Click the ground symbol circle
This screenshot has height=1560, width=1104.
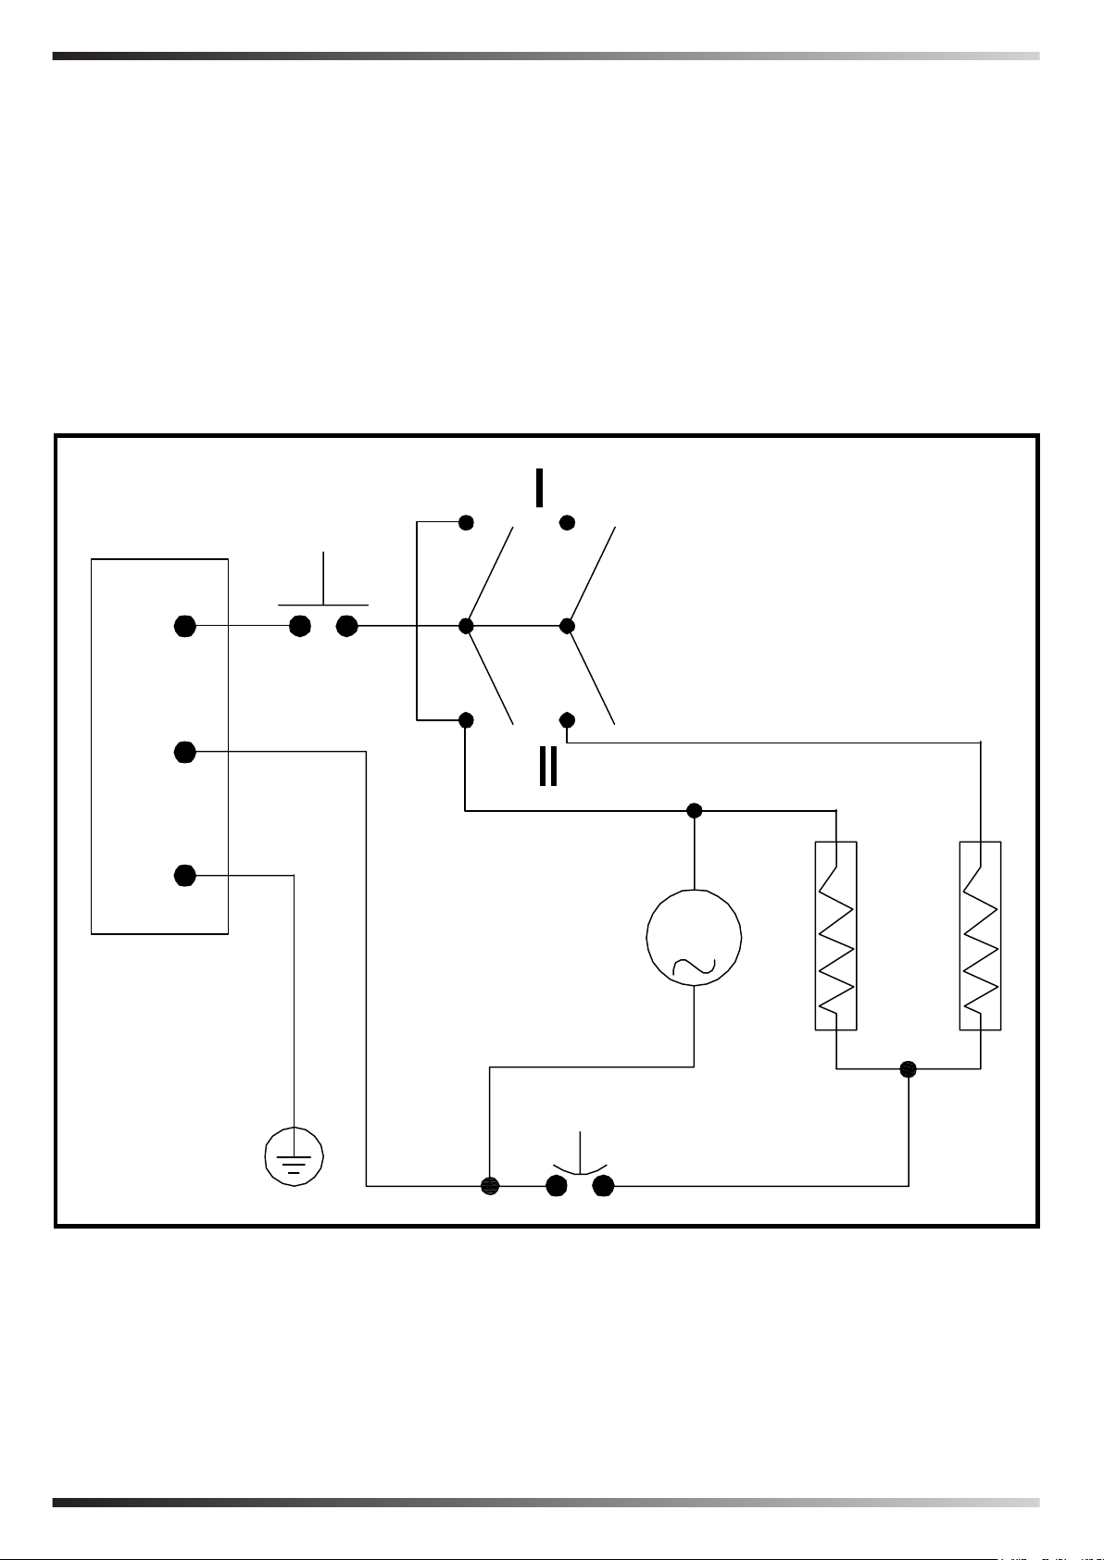coord(294,1156)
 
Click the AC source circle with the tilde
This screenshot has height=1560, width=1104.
coord(694,937)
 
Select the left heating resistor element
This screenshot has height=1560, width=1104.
coord(835,935)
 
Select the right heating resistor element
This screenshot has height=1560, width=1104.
coord(980,935)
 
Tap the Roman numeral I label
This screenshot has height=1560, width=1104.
coord(539,488)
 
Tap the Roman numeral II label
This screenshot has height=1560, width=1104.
coord(548,767)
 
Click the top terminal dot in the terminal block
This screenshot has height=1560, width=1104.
coord(185,626)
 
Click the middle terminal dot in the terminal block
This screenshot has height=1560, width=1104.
coord(185,752)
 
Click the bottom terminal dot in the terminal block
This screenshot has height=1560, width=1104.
coord(185,875)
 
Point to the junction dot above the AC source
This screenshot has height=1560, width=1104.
coord(695,811)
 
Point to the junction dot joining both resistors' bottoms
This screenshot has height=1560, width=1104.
coord(909,1068)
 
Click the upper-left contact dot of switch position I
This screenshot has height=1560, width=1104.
coord(467,523)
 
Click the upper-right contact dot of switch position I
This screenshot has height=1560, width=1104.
coord(568,523)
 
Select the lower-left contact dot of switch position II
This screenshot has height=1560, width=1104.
coord(467,719)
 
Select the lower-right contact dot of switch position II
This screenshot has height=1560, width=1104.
coord(568,719)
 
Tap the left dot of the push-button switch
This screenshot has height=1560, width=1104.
coord(299,626)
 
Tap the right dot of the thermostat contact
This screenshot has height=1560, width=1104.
coord(604,1185)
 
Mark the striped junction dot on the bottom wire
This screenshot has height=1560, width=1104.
coord(490,1185)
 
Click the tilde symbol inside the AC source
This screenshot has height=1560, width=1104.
coord(694,966)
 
